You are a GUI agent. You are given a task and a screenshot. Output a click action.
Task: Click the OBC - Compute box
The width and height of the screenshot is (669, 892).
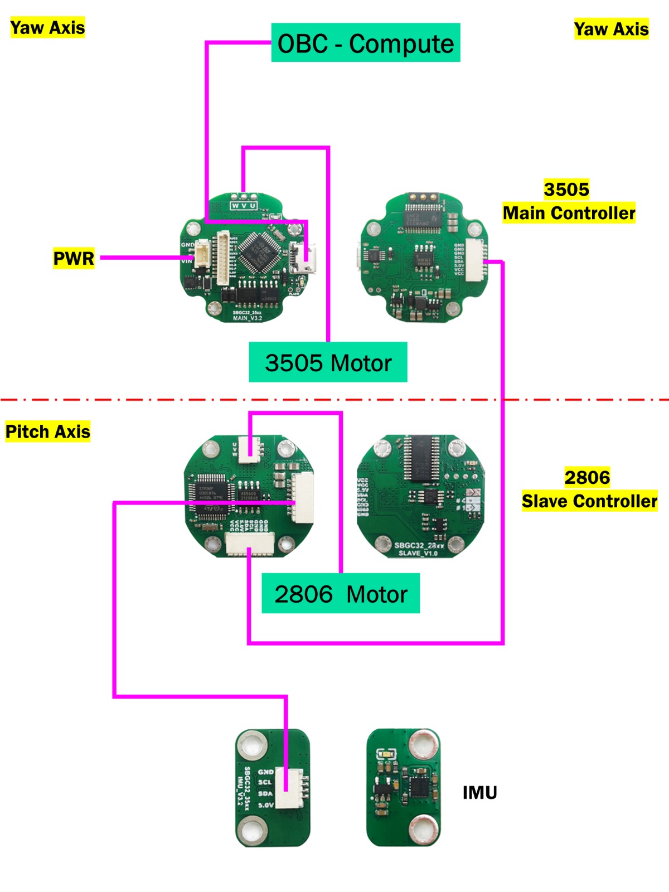[x=366, y=43]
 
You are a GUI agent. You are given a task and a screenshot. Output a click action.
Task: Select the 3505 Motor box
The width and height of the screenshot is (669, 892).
[x=328, y=362]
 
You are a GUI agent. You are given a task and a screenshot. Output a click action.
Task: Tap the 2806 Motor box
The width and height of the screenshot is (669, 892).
[x=341, y=594]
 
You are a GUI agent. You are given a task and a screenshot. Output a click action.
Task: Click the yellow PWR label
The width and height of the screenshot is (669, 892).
[x=74, y=258]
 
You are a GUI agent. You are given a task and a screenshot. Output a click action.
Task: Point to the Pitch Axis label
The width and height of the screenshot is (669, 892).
[x=47, y=432]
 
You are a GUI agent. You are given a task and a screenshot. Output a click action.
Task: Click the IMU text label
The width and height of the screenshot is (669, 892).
[x=479, y=792]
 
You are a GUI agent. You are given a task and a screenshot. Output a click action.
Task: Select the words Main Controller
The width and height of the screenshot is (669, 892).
[x=569, y=213]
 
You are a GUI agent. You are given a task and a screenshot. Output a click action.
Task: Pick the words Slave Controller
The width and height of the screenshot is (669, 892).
[x=589, y=501]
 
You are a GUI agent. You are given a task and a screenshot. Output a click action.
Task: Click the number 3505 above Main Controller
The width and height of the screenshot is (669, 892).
[x=566, y=190]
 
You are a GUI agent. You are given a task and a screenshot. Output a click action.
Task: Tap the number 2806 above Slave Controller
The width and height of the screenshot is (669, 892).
[x=587, y=477]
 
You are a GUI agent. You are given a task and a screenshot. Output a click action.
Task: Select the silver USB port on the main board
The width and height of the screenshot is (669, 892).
[x=306, y=257]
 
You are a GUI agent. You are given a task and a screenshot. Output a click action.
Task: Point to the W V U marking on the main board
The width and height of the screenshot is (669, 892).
[x=244, y=206]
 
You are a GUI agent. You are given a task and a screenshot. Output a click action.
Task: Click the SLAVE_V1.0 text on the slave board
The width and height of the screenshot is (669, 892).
[x=418, y=553]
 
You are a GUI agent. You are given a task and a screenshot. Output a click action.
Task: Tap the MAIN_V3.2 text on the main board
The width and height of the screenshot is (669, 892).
[x=247, y=318]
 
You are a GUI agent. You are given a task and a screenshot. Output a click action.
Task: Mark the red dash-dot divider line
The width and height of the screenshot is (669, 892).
[x=334, y=400]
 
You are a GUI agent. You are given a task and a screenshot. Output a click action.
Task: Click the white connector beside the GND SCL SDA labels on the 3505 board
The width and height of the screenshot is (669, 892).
[x=475, y=258]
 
